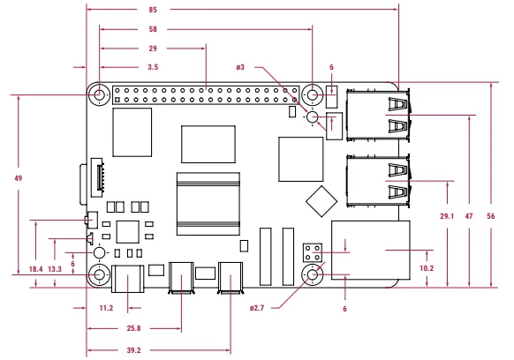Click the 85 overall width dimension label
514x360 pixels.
pos(153,10)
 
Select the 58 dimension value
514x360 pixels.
pos(153,29)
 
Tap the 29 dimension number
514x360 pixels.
pos(153,49)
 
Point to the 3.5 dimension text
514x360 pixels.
pos(153,67)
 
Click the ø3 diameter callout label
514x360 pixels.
pos(240,67)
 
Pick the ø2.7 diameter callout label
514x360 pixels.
pos(257,308)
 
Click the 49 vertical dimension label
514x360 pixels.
pos(19,178)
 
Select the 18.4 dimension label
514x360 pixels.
pos(35,269)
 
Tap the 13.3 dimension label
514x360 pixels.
pos(55,269)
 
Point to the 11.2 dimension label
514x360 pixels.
pos(106,308)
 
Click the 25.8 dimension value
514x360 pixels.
pos(133,328)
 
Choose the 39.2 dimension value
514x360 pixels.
pos(133,350)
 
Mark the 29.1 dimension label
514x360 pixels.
pos(447,216)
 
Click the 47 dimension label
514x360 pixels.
pos(469,216)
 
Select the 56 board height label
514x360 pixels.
pos(491,216)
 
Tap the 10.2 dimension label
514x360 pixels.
pos(427,268)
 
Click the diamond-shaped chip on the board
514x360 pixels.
pos(321,201)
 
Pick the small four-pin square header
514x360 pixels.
pos(313,252)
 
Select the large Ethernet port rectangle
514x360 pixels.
pos(371,251)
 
